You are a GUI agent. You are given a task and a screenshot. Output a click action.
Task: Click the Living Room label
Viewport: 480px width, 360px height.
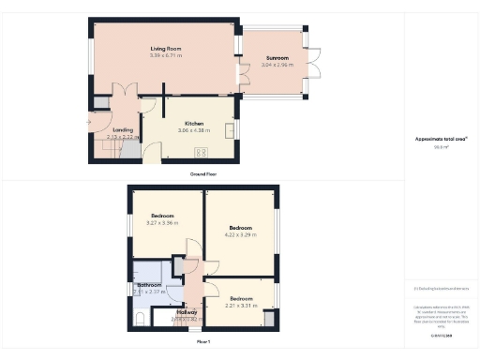(164, 48)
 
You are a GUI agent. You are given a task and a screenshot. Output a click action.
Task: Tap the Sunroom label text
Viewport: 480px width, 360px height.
(276, 59)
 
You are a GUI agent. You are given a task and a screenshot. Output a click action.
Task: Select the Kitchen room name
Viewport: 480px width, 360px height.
(194, 124)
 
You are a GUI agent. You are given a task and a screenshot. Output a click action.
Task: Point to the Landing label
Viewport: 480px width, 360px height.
(122, 130)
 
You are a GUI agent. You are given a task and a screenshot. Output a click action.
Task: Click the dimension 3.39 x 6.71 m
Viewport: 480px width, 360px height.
(164, 55)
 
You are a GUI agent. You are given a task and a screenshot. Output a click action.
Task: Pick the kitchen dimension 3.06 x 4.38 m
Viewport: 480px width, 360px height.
(194, 131)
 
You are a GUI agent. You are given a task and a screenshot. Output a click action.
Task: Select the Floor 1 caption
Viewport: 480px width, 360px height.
(202, 342)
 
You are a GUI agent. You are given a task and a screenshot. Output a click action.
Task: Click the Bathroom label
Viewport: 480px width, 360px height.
(149, 284)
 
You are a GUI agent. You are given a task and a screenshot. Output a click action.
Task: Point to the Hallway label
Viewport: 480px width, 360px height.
(185, 311)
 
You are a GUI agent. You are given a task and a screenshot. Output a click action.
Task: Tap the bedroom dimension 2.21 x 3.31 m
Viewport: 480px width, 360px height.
(241, 306)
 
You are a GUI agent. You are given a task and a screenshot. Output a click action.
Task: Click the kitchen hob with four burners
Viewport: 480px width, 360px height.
(201, 154)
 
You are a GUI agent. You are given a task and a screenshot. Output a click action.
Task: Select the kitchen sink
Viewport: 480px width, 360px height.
(230, 127)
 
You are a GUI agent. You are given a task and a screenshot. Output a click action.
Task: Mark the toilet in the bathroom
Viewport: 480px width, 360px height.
(139, 319)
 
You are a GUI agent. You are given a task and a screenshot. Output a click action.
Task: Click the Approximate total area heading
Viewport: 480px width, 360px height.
(441, 138)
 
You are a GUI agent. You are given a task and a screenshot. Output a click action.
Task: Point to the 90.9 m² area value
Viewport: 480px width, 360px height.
(441, 146)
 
